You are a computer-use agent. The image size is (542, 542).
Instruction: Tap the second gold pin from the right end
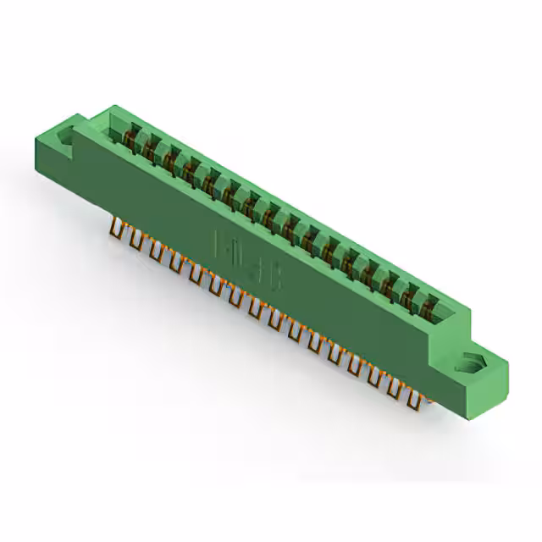click(395, 386)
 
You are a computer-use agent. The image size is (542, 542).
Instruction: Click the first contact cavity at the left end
click(130, 135)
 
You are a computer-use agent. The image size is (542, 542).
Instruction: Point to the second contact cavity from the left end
click(150, 147)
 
